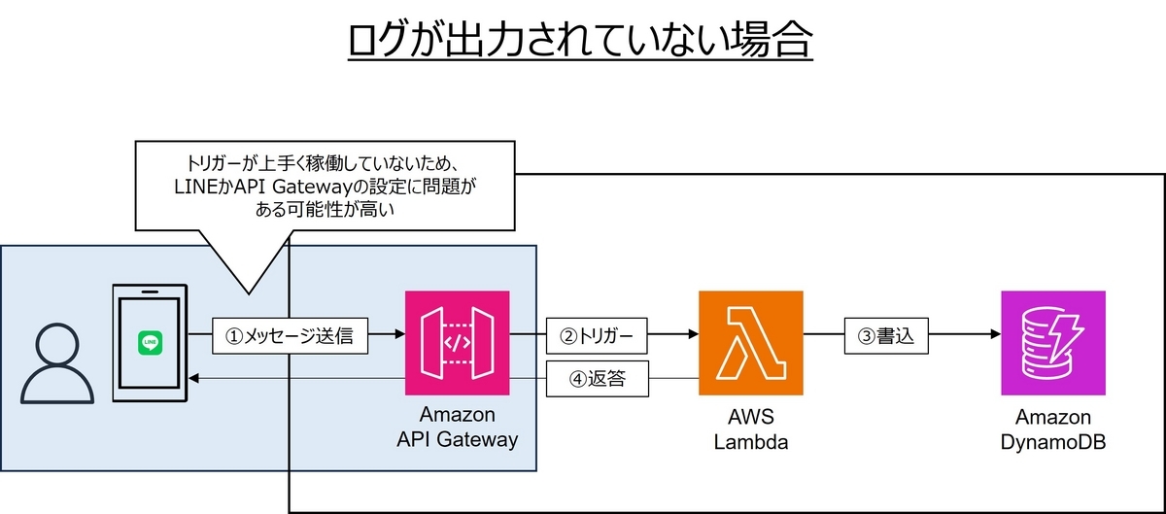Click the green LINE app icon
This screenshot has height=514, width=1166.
click(151, 343)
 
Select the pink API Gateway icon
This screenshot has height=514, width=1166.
click(457, 342)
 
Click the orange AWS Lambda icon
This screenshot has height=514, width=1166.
click(751, 342)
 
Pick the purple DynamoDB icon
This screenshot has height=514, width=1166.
click(1052, 342)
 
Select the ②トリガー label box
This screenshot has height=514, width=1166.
click(598, 337)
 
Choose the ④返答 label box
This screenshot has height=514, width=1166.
click(598, 380)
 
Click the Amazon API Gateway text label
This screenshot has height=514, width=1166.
click(457, 427)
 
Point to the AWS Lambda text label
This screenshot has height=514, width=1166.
click(751, 428)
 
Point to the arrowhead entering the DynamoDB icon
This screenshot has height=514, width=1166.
click(994, 336)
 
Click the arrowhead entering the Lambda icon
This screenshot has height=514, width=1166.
click(693, 336)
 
